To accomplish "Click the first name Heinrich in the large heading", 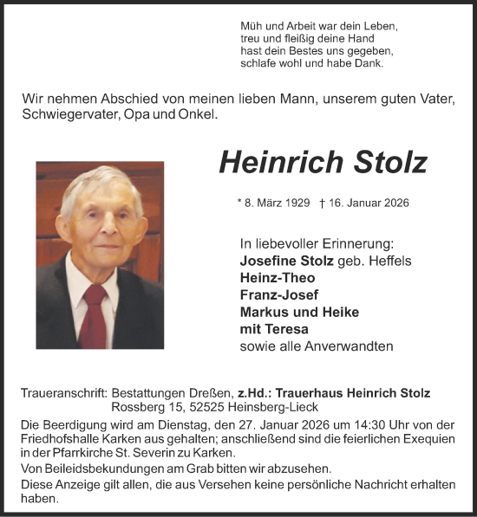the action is click(267, 162).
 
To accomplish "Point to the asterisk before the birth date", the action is click(239, 202).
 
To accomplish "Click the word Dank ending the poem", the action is click(369, 63).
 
